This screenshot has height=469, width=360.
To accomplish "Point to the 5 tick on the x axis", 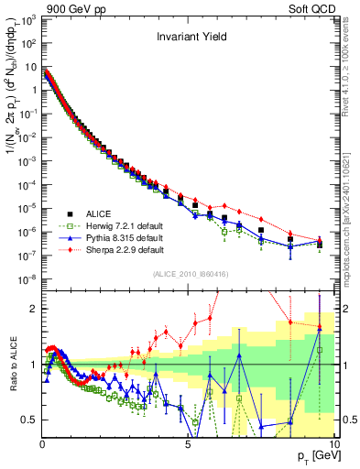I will [188, 443].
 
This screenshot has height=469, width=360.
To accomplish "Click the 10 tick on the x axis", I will [332, 443].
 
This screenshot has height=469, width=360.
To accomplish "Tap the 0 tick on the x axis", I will [42, 443].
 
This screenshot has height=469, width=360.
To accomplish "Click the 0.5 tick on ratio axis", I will [30, 420].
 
